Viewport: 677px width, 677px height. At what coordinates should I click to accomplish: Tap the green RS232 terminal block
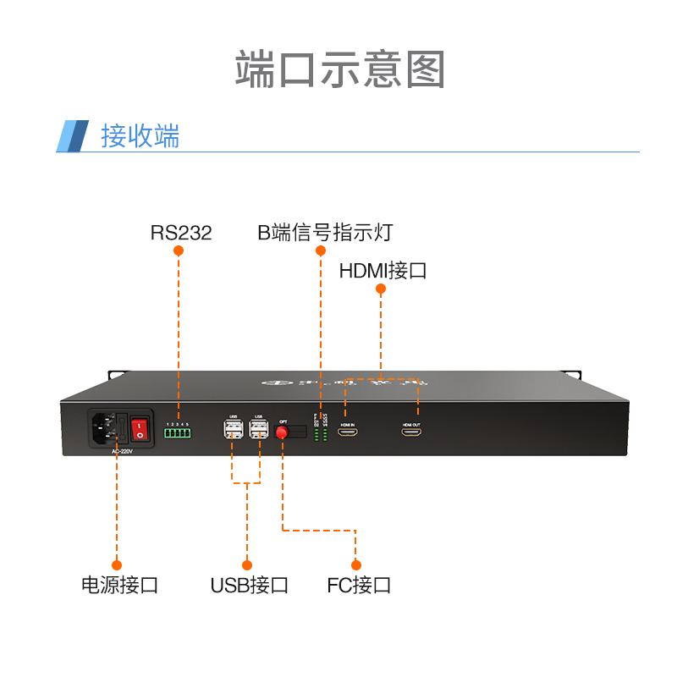coord(178,433)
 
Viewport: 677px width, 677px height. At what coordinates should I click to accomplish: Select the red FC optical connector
coord(282,432)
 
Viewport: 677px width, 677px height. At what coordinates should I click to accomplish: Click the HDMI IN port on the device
coord(347,432)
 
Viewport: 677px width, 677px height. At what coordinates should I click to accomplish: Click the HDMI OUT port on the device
coord(412,432)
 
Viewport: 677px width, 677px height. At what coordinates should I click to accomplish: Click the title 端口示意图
coord(339,69)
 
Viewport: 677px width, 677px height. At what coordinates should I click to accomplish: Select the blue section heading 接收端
coord(140,136)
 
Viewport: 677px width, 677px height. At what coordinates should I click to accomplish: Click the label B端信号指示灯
coord(325,233)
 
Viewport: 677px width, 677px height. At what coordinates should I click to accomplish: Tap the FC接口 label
coord(359,585)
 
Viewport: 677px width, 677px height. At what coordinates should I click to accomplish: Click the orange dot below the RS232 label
coord(179,251)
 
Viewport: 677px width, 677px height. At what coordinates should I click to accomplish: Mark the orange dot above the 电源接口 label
coord(117,564)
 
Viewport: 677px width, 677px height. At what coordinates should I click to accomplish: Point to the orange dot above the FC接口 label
coord(356,564)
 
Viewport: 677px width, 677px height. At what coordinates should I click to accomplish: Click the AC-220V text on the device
coord(123,451)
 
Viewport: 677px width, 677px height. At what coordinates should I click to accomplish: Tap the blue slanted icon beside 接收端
coord(73,136)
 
